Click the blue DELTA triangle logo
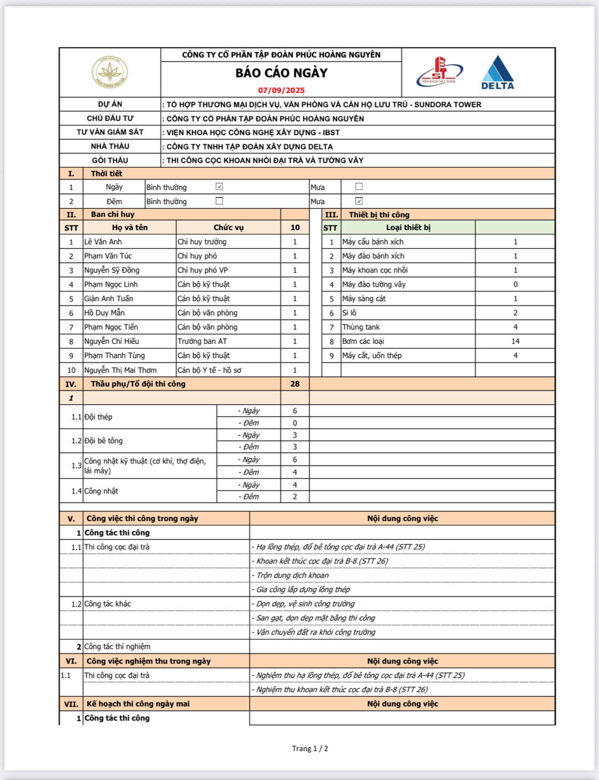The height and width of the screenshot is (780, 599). [x=498, y=72]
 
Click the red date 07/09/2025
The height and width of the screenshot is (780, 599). [x=281, y=90]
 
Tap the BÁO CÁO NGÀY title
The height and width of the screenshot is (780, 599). [x=281, y=73]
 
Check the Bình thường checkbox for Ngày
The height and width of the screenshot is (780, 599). [x=219, y=187]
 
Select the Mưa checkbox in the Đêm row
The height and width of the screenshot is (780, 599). [x=359, y=201]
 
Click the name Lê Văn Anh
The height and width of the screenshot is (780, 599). [x=103, y=242]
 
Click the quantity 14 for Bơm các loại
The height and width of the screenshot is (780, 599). [x=515, y=341]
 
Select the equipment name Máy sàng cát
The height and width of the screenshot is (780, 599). [x=364, y=298]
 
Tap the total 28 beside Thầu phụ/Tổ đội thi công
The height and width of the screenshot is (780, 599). [x=295, y=384]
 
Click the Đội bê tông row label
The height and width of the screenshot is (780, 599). [x=104, y=441]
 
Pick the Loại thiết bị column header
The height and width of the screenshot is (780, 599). [x=408, y=227]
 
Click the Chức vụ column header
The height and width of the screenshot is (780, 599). [x=228, y=227]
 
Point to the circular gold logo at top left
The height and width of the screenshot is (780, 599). [x=109, y=72]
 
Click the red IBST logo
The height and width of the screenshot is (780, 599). [x=439, y=72]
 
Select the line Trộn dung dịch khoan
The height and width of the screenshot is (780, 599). [x=293, y=575]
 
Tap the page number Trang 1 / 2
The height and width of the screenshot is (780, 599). [x=310, y=749]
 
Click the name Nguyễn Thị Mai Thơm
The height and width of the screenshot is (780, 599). [x=121, y=370]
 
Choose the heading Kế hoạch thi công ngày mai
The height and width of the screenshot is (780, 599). [x=138, y=704]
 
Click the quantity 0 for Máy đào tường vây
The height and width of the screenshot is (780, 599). [x=515, y=285]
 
